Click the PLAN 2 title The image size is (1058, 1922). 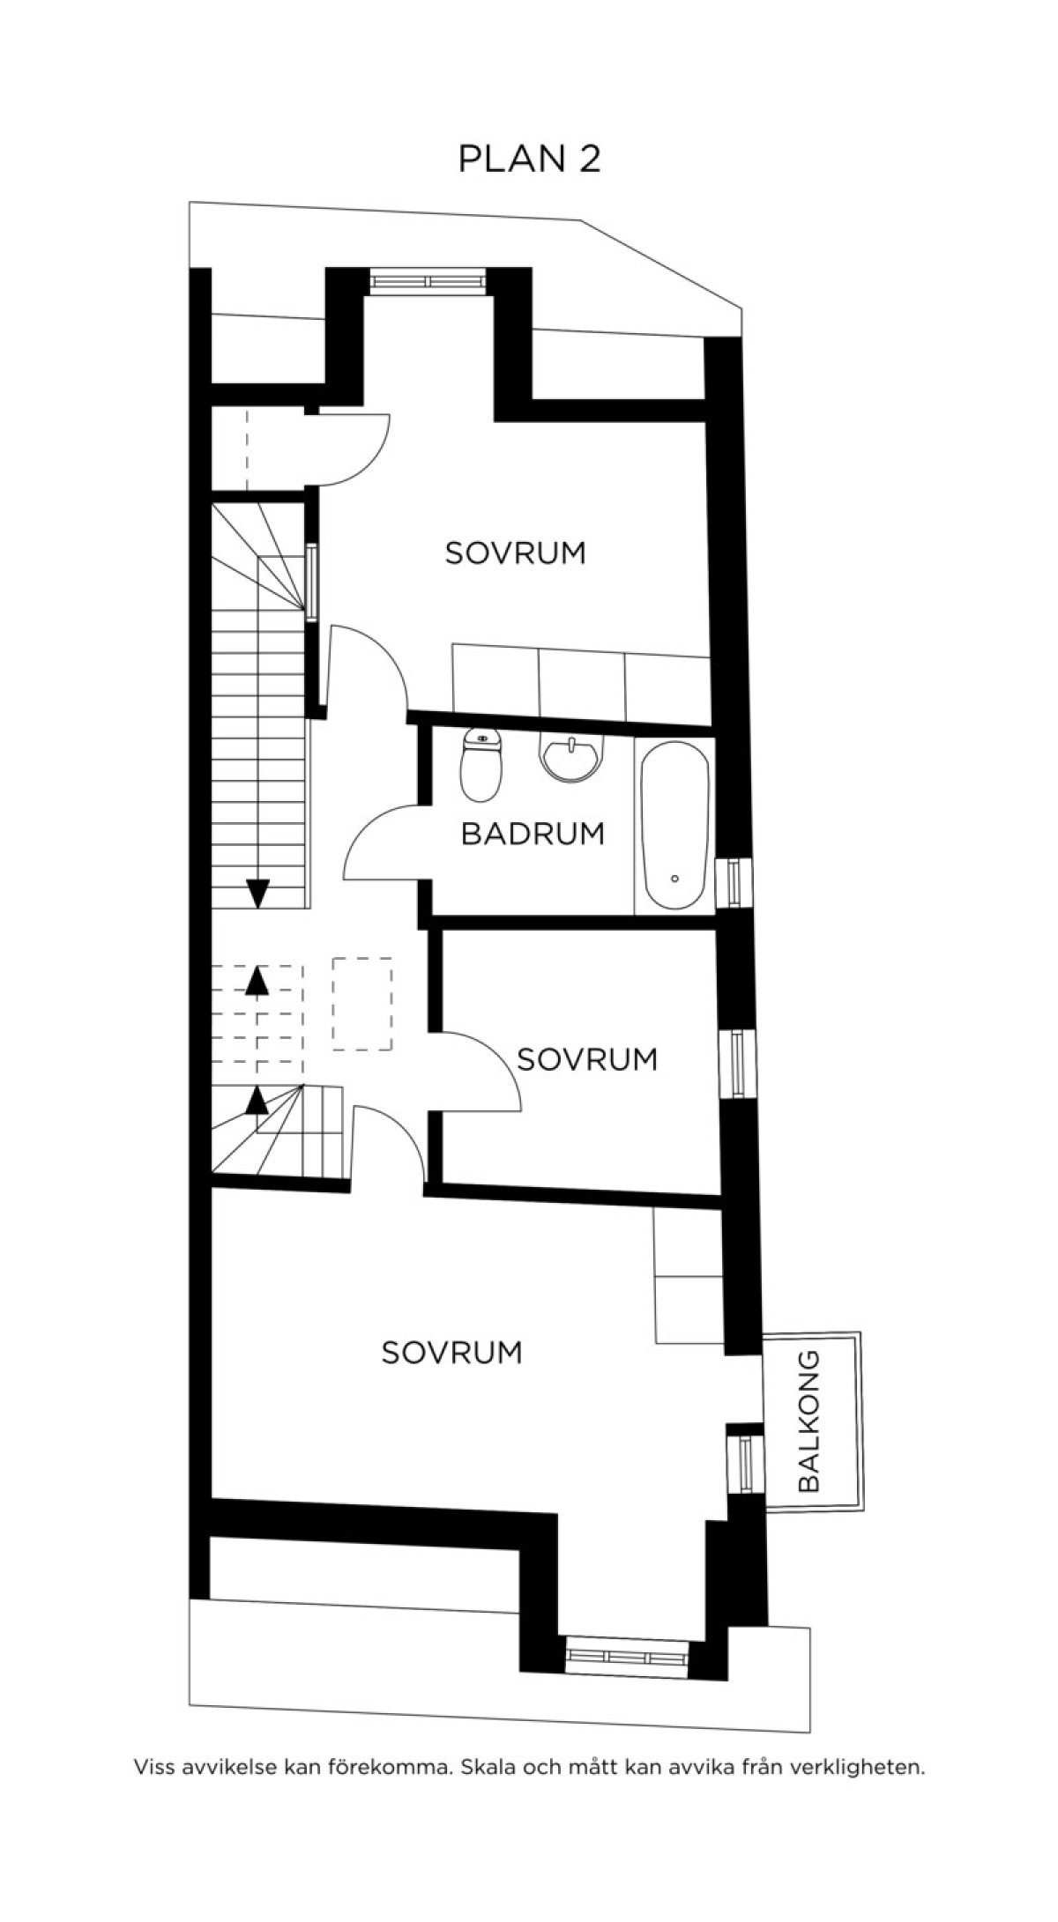click(x=530, y=159)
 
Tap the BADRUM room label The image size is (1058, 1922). click(x=533, y=834)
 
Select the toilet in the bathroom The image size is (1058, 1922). click(x=481, y=765)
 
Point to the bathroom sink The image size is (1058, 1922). click(x=573, y=758)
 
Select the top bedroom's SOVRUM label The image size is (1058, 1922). click(x=515, y=553)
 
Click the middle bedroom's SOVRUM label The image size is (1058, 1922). click(x=587, y=1059)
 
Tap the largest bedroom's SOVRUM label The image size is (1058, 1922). click(x=451, y=1353)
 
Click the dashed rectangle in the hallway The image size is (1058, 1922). click(x=362, y=1004)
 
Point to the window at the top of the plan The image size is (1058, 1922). click(x=428, y=280)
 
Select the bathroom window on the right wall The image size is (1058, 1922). click(x=735, y=883)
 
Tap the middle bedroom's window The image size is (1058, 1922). click(x=736, y=1064)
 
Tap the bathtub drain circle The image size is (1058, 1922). click(x=674, y=879)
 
